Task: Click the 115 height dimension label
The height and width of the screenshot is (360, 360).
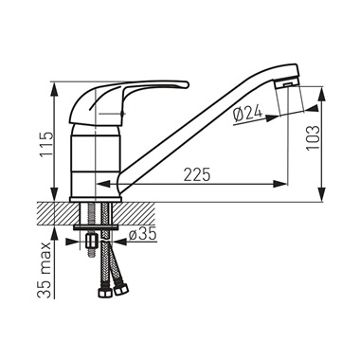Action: point(45,144)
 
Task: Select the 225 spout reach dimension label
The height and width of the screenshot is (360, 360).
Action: point(197,174)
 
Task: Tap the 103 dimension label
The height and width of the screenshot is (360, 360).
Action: point(314,138)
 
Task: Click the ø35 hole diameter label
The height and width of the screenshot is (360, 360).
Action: point(143,234)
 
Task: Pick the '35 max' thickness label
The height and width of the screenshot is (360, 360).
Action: point(45,270)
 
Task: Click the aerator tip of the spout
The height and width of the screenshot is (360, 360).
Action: point(287,84)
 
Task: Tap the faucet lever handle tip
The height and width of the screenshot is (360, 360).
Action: point(186,84)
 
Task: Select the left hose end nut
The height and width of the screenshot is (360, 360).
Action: point(104,293)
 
